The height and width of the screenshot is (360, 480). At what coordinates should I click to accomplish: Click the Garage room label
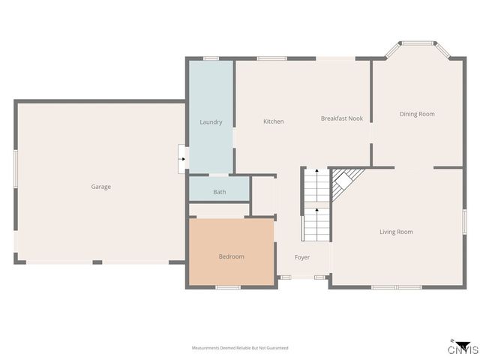pyautogui.click(x=100, y=187)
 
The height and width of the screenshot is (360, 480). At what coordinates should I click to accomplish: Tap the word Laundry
pyautogui.click(x=211, y=122)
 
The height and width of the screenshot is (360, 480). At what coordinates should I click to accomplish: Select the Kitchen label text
pyautogui.click(x=273, y=121)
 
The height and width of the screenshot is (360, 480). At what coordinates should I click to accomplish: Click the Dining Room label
pyautogui.click(x=417, y=114)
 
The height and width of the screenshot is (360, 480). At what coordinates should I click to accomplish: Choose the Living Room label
pyautogui.click(x=396, y=232)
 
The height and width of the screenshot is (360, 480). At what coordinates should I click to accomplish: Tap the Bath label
pyautogui.click(x=219, y=192)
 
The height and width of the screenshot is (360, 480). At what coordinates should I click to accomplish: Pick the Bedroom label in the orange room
pyautogui.click(x=231, y=256)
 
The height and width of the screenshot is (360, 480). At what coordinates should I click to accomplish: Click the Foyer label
pyautogui.click(x=301, y=257)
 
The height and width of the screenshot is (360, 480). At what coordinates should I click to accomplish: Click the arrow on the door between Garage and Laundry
pyautogui.click(x=182, y=159)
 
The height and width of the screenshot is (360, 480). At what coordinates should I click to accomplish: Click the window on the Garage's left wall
pyautogui.click(x=15, y=166)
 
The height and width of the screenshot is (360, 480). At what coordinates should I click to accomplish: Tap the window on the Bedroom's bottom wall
pyautogui.click(x=227, y=286)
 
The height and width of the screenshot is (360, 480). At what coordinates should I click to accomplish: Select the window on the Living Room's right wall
pyautogui.click(x=464, y=222)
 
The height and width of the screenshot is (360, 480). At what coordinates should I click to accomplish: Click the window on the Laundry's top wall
pyautogui.click(x=211, y=58)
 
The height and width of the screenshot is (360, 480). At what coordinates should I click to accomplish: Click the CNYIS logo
pyautogui.click(x=463, y=347)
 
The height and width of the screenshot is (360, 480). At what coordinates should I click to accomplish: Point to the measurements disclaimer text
pyautogui.click(x=240, y=348)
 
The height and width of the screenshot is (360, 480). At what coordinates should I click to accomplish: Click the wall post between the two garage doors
pyautogui.click(x=97, y=262)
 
